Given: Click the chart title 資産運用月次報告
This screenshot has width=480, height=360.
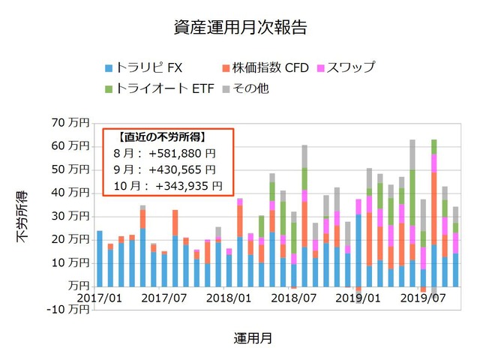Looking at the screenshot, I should click(x=240, y=28).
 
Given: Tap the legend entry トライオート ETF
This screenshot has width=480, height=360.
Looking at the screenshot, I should click(x=153, y=88).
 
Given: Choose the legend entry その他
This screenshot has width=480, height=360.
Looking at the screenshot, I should click(x=244, y=88).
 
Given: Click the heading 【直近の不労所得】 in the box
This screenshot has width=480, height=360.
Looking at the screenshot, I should click(x=162, y=137).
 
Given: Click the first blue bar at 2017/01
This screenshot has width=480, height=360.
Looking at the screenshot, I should click(x=99, y=258).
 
